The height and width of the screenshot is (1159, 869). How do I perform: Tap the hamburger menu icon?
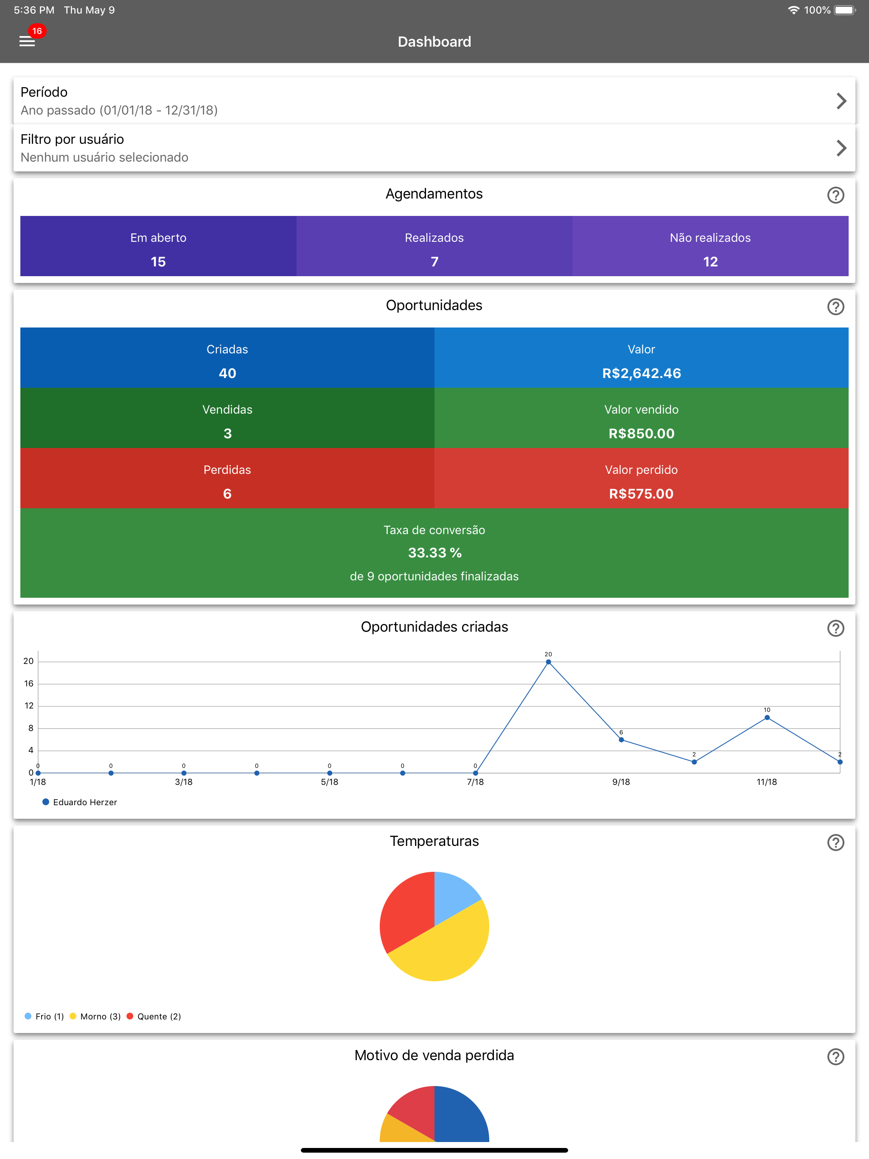click(27, 42)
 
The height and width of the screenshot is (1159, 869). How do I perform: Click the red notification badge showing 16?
click(36, 31)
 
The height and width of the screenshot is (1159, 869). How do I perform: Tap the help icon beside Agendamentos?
click(835, 195)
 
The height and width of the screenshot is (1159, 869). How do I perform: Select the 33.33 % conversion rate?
click(434, 553)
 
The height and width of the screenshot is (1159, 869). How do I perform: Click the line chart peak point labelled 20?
click(548, 662)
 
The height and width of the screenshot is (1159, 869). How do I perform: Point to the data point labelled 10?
click(767, 717)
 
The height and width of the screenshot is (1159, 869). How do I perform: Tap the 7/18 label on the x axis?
click(475, 782)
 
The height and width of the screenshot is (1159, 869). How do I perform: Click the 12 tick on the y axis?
click(29, 706)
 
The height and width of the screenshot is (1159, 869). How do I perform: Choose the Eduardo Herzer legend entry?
click(80, 802)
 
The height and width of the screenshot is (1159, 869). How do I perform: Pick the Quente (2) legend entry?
click(154, 1016)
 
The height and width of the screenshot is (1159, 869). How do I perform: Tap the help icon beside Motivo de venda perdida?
click(835, 1057)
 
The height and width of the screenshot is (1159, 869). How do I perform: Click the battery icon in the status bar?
click(844, 10)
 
